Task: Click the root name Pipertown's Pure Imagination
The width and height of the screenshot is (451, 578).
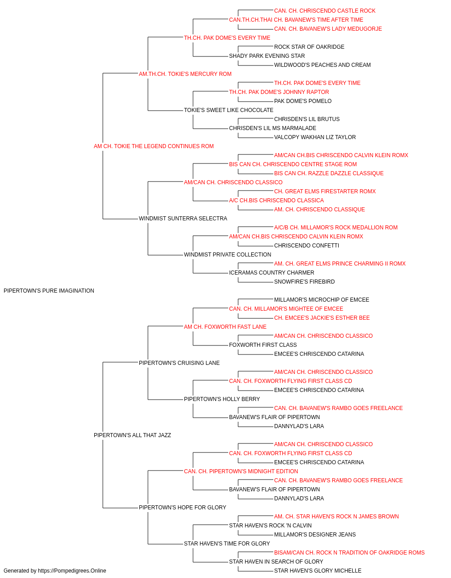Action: pyautogui.click(x=49, y=291)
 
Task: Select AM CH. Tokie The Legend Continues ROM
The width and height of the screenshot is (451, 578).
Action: pyautogui.click(x=153, y=146)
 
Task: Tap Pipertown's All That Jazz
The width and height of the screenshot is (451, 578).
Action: pyautogui.click(x=132, y=435)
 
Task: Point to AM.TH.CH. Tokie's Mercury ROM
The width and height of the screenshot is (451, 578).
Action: pyautogui.click(x=185, y=74)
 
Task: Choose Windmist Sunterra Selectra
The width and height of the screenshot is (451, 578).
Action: pyautogui.click(x=183, y=219)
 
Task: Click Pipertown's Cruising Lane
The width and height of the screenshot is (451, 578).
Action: pyautogui.click(x=179, y=363)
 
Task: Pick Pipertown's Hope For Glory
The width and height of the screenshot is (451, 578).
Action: pyautogui.click(x=183, y=507)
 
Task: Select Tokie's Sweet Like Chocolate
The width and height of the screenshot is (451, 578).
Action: pyautogui.click(x=228, y=110)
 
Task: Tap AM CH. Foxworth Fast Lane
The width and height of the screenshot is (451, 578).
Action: pyautogui.click(x=225, y=326)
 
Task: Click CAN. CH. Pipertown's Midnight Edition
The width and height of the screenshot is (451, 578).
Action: pyautogui.click(x=241, y=471)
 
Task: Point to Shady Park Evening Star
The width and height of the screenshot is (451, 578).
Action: pyautogui.click(x=267, y=56)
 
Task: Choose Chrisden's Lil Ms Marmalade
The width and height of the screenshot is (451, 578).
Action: pyautogui.click(x=272, y=128)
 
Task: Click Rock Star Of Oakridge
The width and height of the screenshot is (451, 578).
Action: pyautogui.click(x=309, y=47)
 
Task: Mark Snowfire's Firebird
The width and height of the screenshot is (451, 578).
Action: pyautogui.click(x=304, y=282)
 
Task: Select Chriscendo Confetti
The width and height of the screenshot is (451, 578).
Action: pyautogui.click(x=307, y=246)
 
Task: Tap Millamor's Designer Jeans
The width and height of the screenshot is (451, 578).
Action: pyautogui.click(x=315, y=534)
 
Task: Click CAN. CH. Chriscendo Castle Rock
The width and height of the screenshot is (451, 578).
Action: pyautogui.click(x=325, y=11)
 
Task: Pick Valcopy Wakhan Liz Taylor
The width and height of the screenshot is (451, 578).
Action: pyautogui.click(x=315, y=137)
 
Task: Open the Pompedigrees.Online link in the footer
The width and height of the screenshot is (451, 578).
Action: pyautogui.click(x=72, y=571)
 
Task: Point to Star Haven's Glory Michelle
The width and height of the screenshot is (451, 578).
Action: pyautogui.click(x=318, y=571)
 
